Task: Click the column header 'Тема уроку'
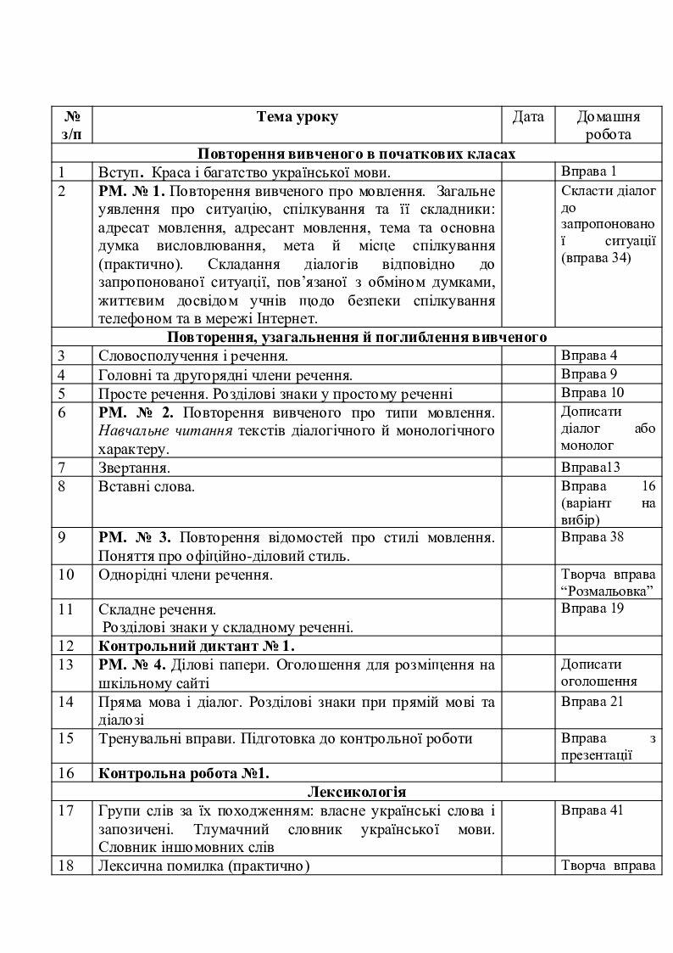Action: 297,117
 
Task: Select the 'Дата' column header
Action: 528,117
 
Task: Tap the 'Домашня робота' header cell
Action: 608,126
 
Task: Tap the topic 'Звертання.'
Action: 135,468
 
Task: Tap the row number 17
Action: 67,810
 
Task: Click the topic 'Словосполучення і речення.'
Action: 192,356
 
